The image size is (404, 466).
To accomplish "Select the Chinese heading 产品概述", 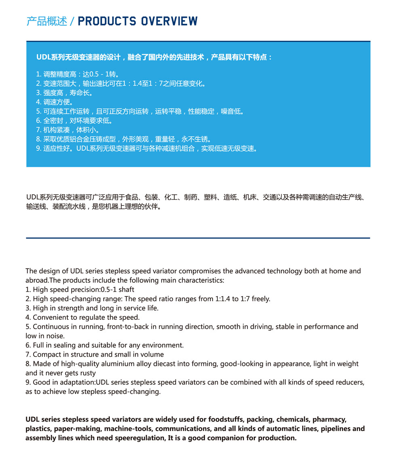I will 46,21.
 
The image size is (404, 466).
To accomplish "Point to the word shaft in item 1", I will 126,290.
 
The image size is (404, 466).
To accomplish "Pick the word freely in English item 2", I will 261,299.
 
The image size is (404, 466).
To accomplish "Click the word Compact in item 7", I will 47,355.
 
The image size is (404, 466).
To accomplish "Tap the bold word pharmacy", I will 329,419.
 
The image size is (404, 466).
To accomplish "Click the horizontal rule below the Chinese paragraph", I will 198,238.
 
